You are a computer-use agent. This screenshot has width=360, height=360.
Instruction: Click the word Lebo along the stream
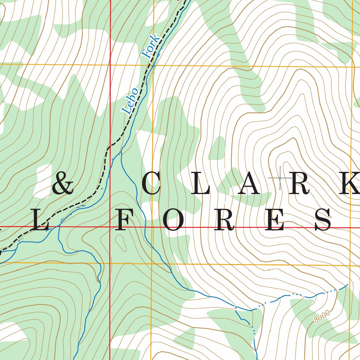130,100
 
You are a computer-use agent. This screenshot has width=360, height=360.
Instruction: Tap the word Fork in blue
151,46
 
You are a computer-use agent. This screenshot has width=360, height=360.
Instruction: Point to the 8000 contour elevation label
322,316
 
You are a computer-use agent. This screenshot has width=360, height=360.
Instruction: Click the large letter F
126,220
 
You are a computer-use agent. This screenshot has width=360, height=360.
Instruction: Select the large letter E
276,220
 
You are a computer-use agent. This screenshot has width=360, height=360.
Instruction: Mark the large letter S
323,220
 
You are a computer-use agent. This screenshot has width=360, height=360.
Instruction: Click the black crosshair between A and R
280,179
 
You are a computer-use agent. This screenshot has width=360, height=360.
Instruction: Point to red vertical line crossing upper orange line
110,65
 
